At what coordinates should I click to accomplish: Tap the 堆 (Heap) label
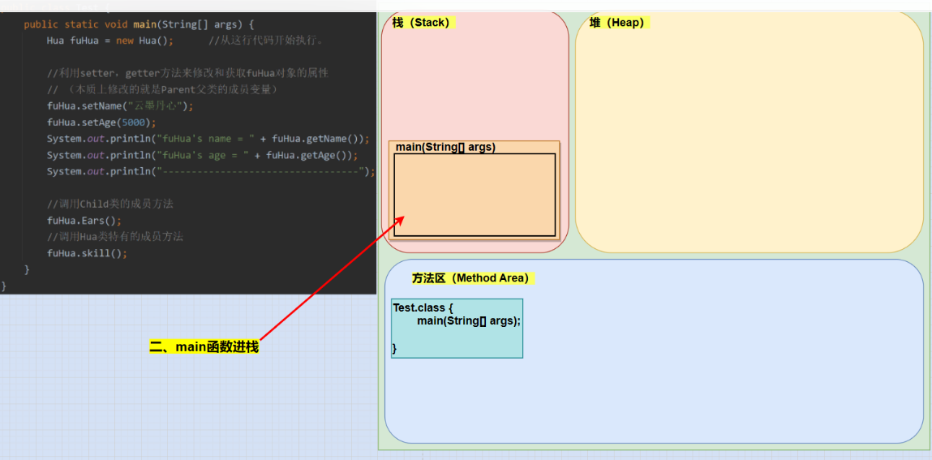click(616, 23)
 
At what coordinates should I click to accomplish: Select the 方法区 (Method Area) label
click(470, 278)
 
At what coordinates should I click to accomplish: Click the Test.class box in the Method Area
click(457, 329)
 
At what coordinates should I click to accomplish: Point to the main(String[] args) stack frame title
click(445, 147)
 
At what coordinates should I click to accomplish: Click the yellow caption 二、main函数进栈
click(204, 346)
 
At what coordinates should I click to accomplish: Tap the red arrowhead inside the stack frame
click(399, 219)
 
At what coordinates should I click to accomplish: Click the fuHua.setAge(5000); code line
click(101, 123)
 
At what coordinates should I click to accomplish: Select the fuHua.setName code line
click(120, 106)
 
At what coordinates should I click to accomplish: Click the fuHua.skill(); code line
click(87, 253)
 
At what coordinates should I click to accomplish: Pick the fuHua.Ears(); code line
click(84, 221)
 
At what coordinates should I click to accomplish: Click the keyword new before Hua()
click(125, 41)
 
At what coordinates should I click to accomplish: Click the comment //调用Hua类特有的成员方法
click(114, 237)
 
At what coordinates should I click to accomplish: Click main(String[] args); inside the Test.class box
click(469, 321)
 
